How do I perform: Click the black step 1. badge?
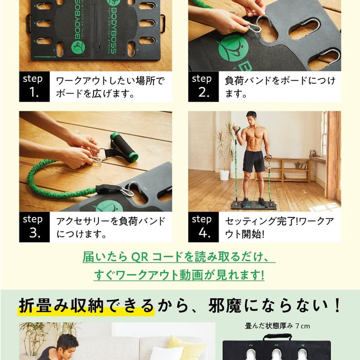point(34,86)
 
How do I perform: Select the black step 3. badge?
point(34,227)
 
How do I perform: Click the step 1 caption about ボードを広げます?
point(110,86)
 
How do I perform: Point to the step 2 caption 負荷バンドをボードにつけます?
point(279,86)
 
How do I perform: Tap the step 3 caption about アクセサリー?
point(110,227)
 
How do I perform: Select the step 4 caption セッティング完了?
point(279,227)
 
